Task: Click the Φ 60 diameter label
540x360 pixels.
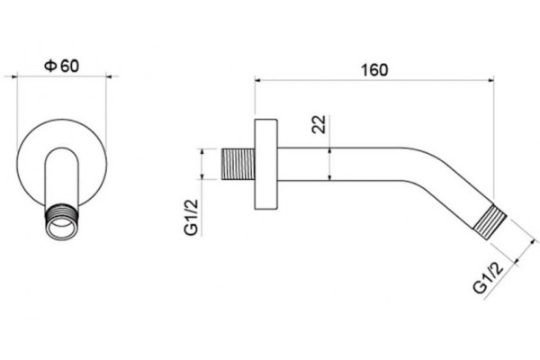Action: (x=61, y=66)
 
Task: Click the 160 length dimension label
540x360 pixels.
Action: (x=374, y=70)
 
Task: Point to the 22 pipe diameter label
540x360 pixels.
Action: (x=319, y=124)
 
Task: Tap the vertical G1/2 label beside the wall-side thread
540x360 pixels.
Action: (x=191, y=217)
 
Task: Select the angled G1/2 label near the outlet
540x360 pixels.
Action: (x=489, y=276)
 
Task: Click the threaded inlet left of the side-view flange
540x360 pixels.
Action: (x=238, y=164)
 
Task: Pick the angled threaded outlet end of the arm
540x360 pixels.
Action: (x=490, y=221)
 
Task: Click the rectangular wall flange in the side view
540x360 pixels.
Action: (x=265, y=164)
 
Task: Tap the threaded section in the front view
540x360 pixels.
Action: (x=62, y=213)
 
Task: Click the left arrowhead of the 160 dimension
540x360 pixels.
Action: (x=258, y=80)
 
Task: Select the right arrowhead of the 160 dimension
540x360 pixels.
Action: (x=490, y=80)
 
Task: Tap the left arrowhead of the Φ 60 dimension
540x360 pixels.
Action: (x=14, y=76)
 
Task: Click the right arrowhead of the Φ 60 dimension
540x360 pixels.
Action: (x=109, y=76)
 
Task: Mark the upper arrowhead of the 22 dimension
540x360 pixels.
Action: (x=330, y=151)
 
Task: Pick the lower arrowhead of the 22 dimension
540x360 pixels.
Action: (x=330, y=177)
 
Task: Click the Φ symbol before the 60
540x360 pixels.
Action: (x=50, y=66)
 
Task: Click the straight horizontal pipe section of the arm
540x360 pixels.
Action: (x=337, y=164)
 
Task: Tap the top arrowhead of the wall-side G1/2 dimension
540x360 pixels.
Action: (x=202, y=151)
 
